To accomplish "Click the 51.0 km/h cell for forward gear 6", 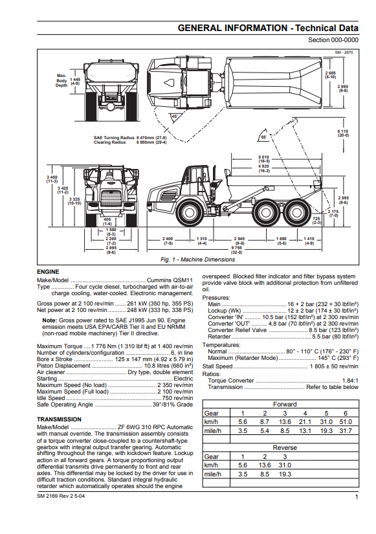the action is click(x=346, y=421).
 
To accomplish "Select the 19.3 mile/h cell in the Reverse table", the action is click(x=285, y=474).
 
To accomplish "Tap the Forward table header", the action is click(x=285, y=405).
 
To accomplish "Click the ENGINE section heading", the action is click(x=48, y=272).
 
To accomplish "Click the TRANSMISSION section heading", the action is click(x=60, y=419).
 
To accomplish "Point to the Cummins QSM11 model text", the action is click(x=170, y=280).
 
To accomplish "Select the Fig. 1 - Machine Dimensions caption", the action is click(x=197, y=260).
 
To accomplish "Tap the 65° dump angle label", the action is click(x=263, y=137).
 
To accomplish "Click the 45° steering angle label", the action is click(x=174, y=117).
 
